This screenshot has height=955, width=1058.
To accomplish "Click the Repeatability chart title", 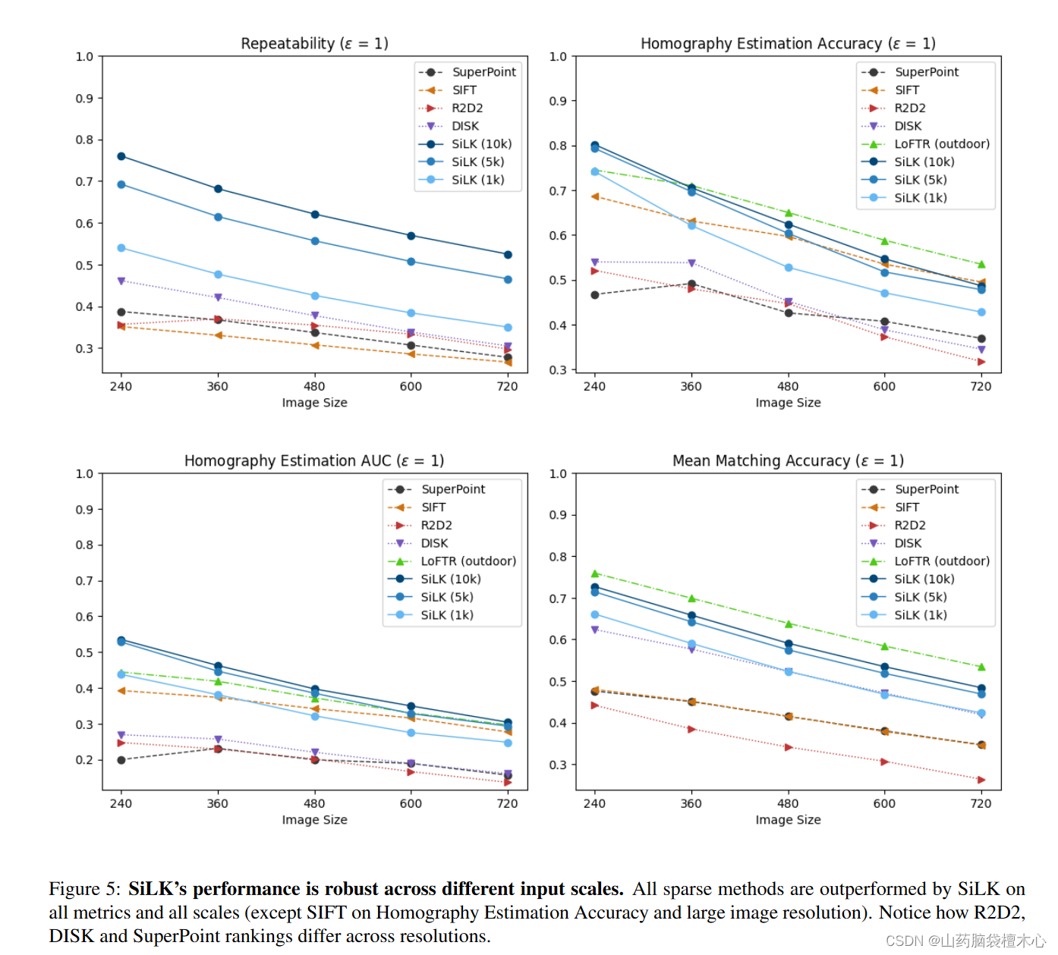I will [x=314, y=43].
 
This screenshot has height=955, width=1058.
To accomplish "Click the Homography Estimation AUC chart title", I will [x=313, y=460].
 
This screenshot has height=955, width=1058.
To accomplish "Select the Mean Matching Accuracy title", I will [x=788, y=460].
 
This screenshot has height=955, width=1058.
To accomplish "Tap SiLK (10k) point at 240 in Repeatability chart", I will [x=121, y=156].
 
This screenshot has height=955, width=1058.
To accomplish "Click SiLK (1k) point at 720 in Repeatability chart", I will [x=508, y=328].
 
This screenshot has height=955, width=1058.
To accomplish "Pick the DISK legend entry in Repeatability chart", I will [x=465, y=126].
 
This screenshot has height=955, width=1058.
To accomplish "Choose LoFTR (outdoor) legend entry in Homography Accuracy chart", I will [x=941, y=144].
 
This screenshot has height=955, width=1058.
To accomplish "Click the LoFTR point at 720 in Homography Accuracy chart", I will [x=981, y=265].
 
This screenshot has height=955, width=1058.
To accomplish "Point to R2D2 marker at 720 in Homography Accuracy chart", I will [x=981, y=362].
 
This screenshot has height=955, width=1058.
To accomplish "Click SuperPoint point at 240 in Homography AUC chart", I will [x=121, y=760].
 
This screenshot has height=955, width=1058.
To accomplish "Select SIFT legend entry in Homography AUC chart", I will [x=433, y=507].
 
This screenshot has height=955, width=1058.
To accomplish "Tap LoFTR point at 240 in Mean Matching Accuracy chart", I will [x=595, y=573].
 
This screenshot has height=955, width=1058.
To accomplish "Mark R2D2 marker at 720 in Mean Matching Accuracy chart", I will [x=981, y=780].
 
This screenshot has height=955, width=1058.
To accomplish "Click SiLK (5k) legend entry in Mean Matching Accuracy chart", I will [x=920, y=597].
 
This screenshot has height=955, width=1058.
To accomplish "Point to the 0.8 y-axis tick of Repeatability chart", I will [x=84, y=140].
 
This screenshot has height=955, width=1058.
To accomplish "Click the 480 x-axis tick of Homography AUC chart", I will [x=314, y=803].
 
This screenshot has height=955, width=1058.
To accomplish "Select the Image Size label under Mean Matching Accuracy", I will [x=788, y=820].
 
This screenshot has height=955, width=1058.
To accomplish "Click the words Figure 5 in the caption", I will [x=84, y=889].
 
